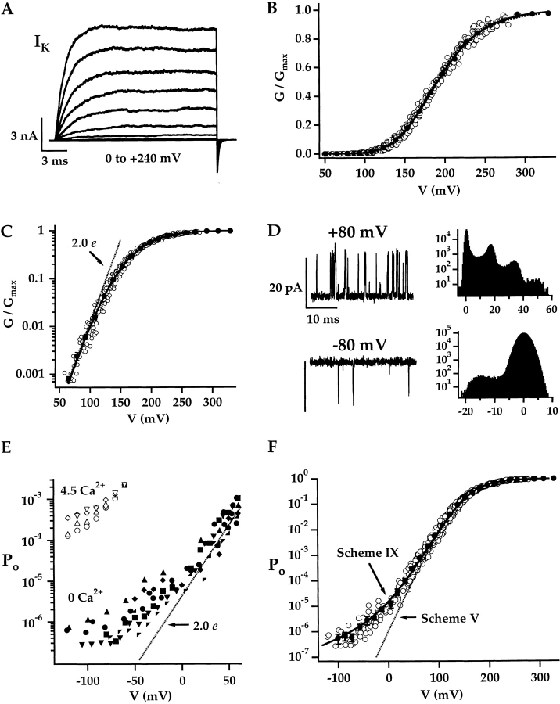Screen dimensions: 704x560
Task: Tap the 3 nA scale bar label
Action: (20, 136)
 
